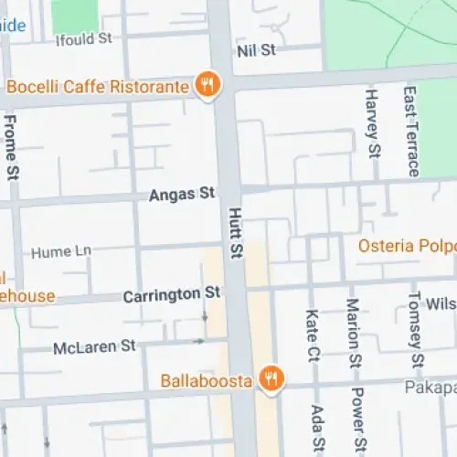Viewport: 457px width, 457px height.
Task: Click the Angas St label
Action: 183,194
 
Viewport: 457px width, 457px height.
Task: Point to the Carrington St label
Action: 173,294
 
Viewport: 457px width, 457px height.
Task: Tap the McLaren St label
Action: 94,346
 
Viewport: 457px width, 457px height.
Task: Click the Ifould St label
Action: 83,38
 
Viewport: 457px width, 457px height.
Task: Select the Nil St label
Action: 256,50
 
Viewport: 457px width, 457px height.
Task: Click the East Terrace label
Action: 411,131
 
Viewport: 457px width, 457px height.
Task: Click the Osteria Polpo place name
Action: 407,246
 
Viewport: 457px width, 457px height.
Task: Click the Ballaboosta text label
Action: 207,379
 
